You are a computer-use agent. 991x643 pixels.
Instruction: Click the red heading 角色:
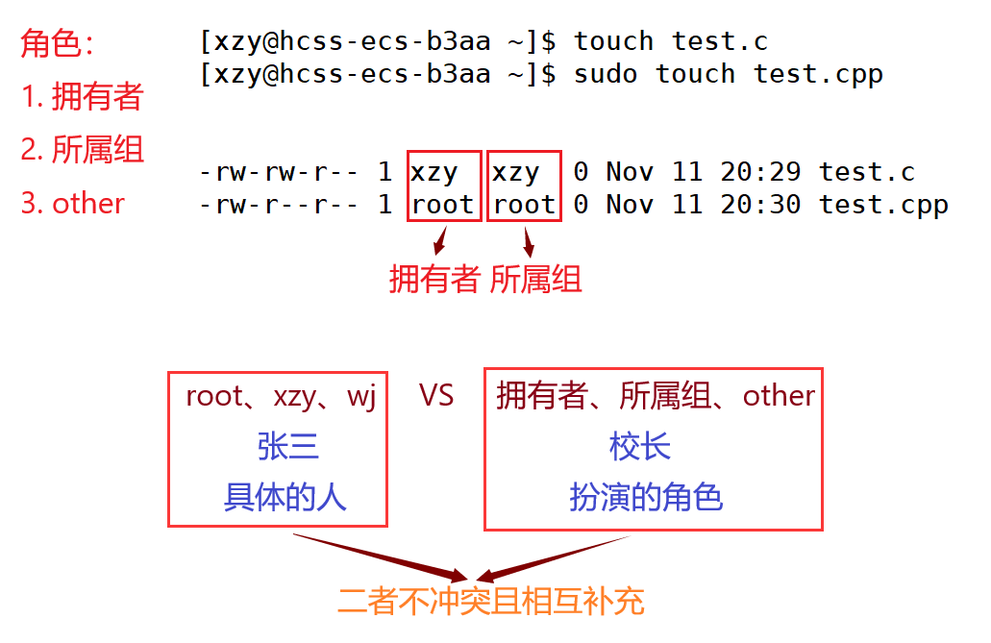[x=57, y=43]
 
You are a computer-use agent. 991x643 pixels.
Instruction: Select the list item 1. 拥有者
[x=82, y=96]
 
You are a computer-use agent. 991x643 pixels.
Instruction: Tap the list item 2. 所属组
[x=82, y=150]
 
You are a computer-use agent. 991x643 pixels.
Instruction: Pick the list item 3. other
[x=73, y=204]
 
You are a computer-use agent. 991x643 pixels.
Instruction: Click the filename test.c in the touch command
[x=719, y=41]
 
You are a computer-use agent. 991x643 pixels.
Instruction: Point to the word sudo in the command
[x=606, y=75]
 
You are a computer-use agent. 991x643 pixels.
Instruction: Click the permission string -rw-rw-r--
[x=278, y=172]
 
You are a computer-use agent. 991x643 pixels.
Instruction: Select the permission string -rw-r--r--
[x=278, y=205]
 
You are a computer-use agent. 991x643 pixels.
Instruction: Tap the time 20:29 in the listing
[x=760, y=171]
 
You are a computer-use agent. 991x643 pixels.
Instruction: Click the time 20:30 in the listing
[x=760, y=204]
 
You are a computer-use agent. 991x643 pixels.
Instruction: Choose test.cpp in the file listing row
[x=883, y=206]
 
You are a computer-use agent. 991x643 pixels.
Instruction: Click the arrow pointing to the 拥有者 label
[x=440, y=241]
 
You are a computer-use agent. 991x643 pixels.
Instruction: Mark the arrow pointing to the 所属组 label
[x=529, y=242]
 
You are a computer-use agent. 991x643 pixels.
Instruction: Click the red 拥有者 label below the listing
[x=434, y=279]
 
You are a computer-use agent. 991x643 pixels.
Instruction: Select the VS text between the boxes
[x=436, y=396]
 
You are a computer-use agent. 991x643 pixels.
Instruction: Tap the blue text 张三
[x=288, y=446]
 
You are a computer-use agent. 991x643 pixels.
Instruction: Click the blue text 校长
[x=639, y=446]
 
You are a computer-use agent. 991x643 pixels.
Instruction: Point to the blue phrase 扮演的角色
[x=646, y=497]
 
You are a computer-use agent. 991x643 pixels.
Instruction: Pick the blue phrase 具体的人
[x=285, y=497]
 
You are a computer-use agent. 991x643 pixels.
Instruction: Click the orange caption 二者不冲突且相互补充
[x=491, y=601]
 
